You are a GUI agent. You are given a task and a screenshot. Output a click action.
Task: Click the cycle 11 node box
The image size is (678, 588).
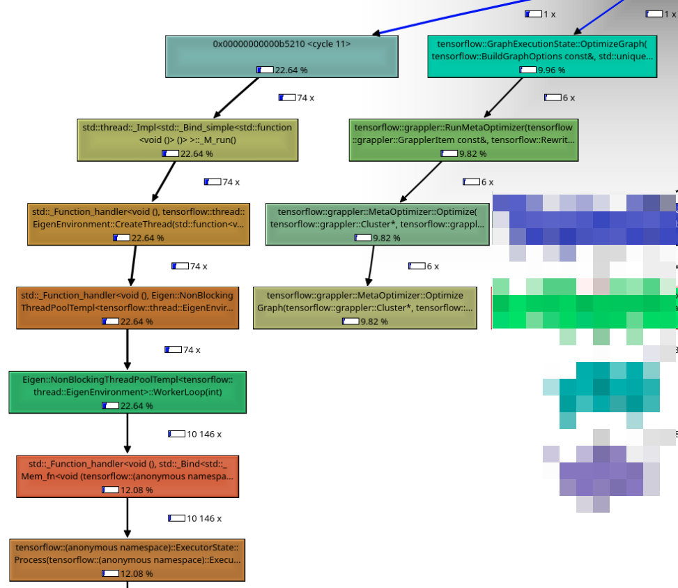coord(282,56)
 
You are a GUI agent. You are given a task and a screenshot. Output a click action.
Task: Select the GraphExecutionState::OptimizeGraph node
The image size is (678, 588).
coord(541,56)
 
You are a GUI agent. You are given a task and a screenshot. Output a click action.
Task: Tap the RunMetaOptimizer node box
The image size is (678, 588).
coord(463,140)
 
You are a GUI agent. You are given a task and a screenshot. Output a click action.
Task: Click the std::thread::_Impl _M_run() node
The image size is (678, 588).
coord(187,140)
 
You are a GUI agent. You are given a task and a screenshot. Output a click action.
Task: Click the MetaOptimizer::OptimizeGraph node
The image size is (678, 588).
coord(364,308)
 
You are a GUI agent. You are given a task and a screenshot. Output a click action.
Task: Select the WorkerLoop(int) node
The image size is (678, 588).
coord(127,392)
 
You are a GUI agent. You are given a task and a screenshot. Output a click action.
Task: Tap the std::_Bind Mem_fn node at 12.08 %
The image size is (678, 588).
coord(127,476)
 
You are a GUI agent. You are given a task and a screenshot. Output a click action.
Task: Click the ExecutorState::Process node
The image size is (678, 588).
coord(127,560)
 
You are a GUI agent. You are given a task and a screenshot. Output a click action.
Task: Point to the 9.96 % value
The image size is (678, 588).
coord(551,70)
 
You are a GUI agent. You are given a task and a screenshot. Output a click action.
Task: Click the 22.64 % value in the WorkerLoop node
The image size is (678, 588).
coord(137,406)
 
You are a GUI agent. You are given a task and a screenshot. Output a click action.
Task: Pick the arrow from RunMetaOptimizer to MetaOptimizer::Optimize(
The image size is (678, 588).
coord(422,182)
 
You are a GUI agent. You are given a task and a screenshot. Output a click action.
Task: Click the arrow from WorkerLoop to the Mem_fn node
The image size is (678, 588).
coord(127,434)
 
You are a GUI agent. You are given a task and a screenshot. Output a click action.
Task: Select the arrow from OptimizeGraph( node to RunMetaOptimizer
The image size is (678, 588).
coord(504,98)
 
